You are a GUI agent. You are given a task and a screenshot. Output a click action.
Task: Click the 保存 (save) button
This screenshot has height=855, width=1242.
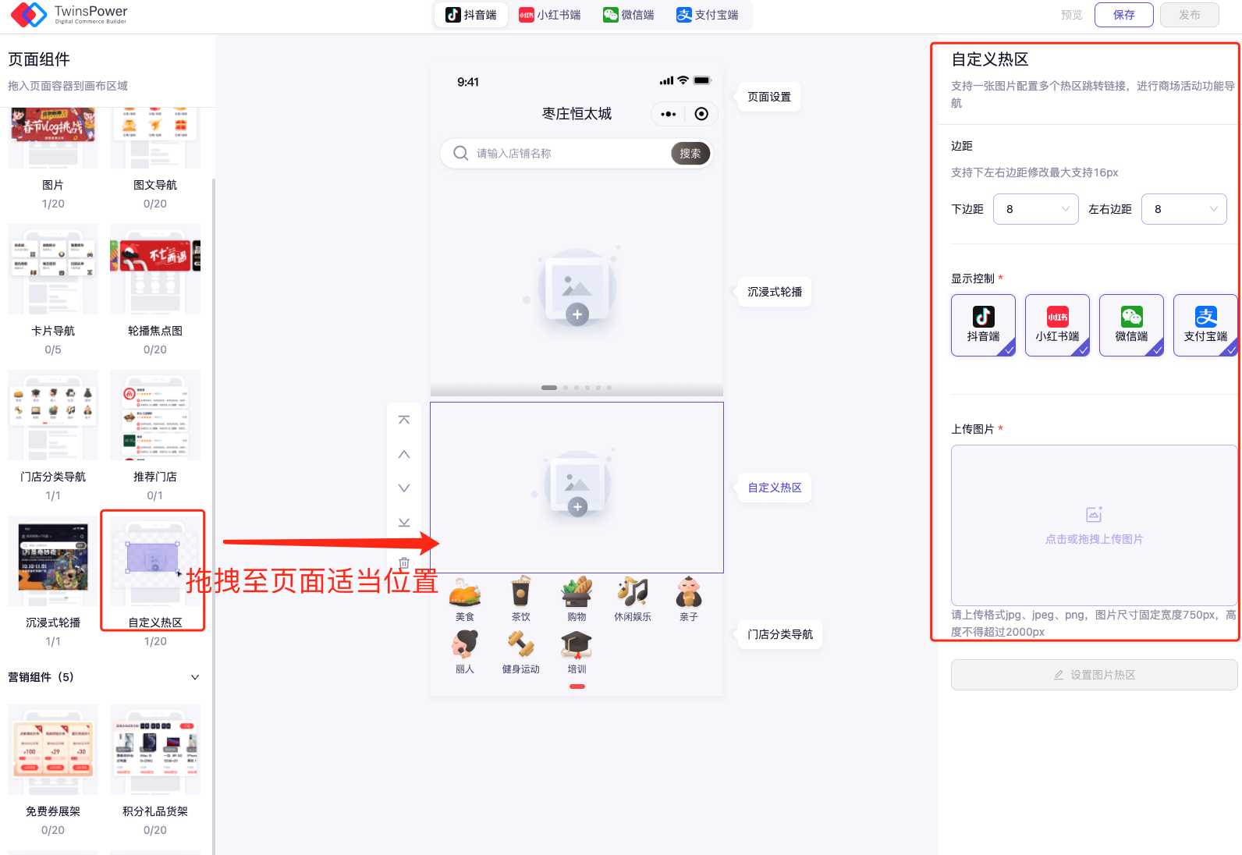[x=1123, y=15]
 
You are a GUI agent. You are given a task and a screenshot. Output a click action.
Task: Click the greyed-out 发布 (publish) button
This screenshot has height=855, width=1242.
[x=1189, y=15]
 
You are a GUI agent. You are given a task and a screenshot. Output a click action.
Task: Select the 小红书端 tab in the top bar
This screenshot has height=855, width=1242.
[x=550, y=15]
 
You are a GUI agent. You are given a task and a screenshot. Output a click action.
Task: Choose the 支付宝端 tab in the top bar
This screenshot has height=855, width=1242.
[x=708, y=15]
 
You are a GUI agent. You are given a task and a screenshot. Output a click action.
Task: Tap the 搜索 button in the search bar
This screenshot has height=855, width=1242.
[x=690, y=154]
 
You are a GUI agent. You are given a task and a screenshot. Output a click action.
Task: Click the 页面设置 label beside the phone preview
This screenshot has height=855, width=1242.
[x=768, y=97]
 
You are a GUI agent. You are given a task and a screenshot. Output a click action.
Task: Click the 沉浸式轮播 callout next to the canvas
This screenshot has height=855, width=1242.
[x=774, y=292]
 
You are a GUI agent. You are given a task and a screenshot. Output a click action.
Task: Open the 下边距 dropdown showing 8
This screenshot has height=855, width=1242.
[x=1035, y=209]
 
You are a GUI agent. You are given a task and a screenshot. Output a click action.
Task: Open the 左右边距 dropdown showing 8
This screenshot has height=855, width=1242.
[x=1183, y=209]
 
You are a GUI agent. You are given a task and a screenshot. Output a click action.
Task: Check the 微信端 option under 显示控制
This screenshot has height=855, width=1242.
[x=1130, y=325]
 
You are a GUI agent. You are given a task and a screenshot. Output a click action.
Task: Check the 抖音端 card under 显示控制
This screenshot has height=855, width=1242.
[x=983, y=325]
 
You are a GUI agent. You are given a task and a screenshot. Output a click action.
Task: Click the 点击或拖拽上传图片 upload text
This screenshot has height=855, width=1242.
[x=1094, y=539]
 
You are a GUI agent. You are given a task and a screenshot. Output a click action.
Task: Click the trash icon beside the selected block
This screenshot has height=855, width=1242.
[x=404, y=562]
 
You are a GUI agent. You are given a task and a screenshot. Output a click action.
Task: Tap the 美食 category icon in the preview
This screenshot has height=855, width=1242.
[x=465, y=593]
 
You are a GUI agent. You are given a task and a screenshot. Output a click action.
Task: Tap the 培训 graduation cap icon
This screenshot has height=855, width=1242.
[x=577, y=646]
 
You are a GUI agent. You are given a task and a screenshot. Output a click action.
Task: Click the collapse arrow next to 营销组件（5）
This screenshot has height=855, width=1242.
[x=195, y=677]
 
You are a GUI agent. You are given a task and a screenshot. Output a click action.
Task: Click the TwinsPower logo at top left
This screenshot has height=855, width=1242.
[x=30, y=15]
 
